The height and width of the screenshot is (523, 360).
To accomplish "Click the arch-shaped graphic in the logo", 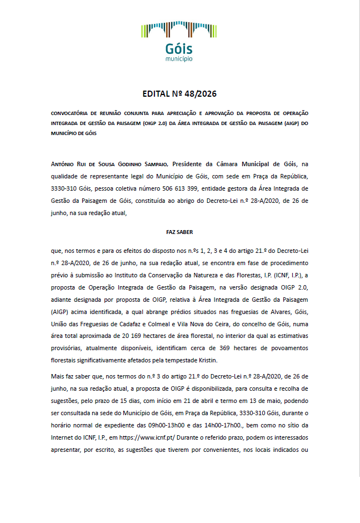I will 179,31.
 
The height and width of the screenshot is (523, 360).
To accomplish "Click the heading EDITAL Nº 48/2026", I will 179,94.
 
